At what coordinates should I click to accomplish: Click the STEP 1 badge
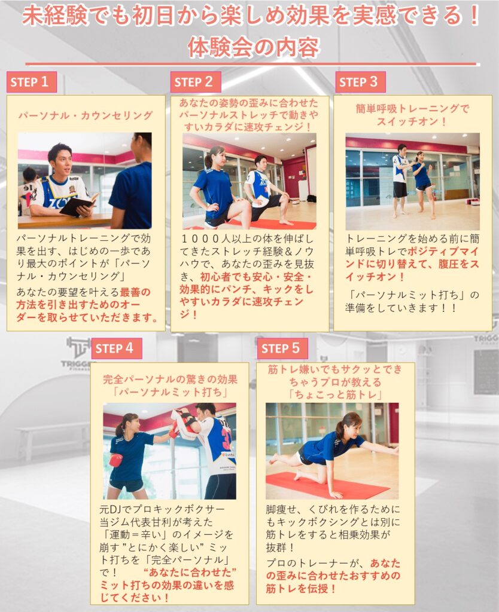pyautogui.click(x=32, y=82)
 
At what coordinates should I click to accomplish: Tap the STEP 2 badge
pyautogui.click(x=196, y=82)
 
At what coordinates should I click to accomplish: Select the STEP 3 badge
pyautogui.click(x=360, y=82)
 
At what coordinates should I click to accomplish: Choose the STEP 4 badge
pyautogui.click(x=117, y=348)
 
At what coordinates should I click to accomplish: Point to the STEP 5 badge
pyautogui.click(x=282, y=348)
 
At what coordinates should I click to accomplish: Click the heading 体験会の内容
pyautogui.click(x=253, y=48)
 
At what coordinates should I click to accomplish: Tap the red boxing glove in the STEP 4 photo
pyautogui.click(x=115, y=460)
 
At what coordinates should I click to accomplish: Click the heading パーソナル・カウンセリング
pyautogui.click(x=86, y=115)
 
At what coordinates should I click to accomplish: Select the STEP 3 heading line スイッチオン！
pyautogui.click(x=412, y=121)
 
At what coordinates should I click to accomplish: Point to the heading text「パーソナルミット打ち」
pyautogui.click(x=169, y=391)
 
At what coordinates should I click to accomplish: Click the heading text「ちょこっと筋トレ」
pyautogui.click(x=336, y=394)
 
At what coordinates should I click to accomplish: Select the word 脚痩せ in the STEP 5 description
pyautogui.click(x=281, y=509)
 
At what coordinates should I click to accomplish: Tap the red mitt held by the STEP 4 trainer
pyautogui.click(x=183, y=423)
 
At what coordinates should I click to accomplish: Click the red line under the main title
pyautogui.click(x=252, y=64)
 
